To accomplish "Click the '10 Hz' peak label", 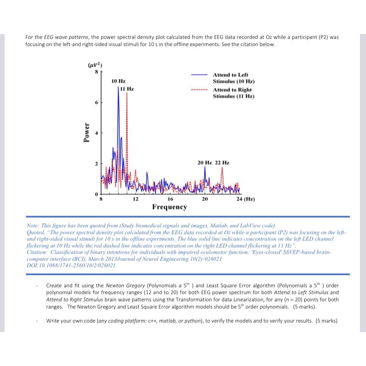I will pyautogui.click(x=118, y=81).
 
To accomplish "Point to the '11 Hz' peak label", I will pyautogui.click(x=127, y=89).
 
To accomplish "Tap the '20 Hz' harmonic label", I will pyautogui.click(x=205, y=163).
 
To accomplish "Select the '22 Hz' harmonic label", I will pyautogui.click(x=222, y=163).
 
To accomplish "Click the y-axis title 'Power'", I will pyautogui.click(x=87, y=132).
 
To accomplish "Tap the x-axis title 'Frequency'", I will pyautogui.click(x=170, y=207).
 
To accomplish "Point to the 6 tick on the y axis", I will pyautogui.click(x=97, y=103).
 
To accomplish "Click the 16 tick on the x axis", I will pyautogui.click(x=170, y=199).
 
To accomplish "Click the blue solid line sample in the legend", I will pyautogui.click(x=199, y=75).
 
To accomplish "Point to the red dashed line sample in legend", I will pyautogui.click(x=199, y=90).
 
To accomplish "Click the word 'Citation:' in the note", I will pyautogui.click(x=37, y=252).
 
